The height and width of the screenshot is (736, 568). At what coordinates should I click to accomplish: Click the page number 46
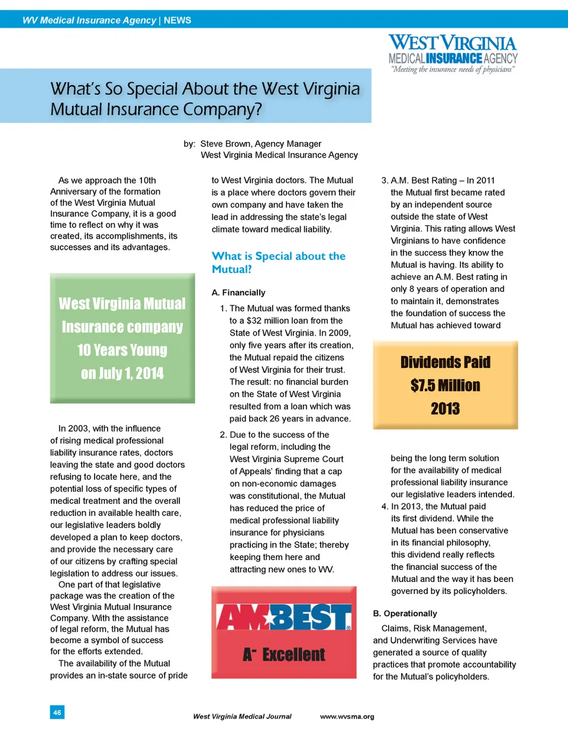click(57, 712)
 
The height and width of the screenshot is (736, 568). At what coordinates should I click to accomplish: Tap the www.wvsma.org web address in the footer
click(347, 716)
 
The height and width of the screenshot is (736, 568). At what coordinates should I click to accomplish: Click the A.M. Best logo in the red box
click(283, 618)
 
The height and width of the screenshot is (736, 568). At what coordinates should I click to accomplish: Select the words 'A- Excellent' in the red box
click(283, 654)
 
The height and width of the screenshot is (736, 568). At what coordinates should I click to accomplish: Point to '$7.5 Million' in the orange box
click(445, 385)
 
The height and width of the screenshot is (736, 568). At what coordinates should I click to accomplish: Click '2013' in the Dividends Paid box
click(445, 409)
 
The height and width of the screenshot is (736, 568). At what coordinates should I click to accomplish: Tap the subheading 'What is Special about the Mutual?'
click(278, 262)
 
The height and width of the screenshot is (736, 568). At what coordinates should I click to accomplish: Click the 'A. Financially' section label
click(238, 293)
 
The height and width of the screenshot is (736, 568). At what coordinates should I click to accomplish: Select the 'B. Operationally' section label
click(405, 613)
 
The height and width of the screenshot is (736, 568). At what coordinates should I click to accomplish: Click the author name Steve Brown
click(226, 144)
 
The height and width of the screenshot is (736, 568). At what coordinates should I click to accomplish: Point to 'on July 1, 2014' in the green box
click(122, 374)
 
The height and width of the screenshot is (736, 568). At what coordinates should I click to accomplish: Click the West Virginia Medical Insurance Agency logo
click(453, 50)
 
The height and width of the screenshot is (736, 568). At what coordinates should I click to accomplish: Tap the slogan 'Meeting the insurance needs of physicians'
click(453, 70)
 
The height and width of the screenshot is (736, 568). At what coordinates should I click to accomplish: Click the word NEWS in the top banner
click(177, 20)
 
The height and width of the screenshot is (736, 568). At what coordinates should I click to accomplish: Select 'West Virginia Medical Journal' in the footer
click(242, 716)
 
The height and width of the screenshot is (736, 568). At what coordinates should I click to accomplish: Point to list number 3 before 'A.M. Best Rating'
click(385, 181)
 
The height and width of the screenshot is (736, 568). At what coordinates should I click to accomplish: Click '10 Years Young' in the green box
click(122, 350)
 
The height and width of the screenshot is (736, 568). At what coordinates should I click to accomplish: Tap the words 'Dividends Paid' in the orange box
click(445, 362)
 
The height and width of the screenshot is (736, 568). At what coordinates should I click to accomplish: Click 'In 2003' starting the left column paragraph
click(75, 429)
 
